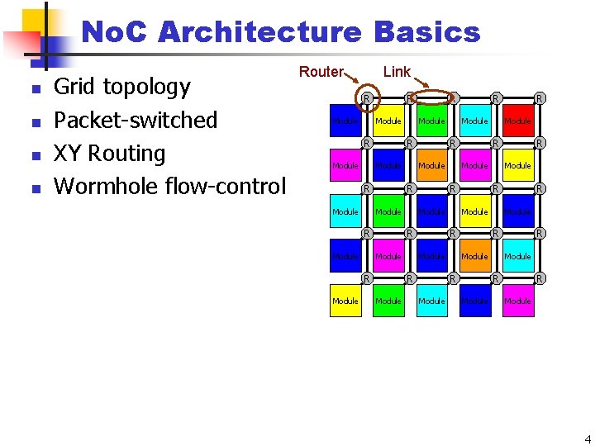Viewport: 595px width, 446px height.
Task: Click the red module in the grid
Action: [517, 121]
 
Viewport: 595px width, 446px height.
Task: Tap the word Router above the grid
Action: [321, 72]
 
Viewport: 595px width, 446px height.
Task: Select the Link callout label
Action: [397, 72]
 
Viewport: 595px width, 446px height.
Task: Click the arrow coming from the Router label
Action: [353, 84]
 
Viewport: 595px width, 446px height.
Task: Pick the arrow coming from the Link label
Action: [421, 84]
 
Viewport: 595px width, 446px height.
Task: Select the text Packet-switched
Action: [135, 121]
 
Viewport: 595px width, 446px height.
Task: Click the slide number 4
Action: [588, 439]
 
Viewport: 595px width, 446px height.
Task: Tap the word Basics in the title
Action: [426, 32]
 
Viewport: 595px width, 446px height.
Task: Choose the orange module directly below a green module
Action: [431, 166]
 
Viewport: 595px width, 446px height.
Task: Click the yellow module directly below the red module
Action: [517, 166]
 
